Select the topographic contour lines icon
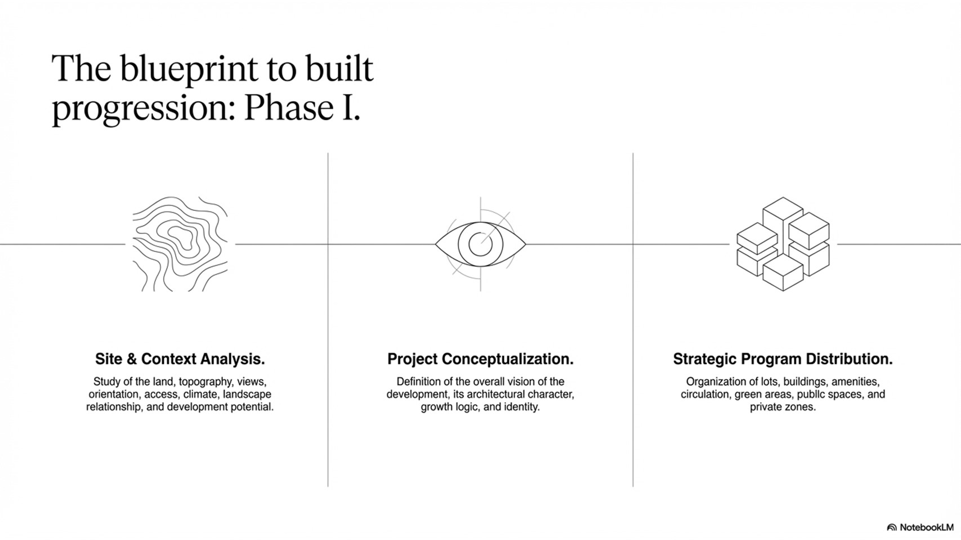[180, 244]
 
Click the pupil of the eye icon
[480, 244]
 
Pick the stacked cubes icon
[783, 244]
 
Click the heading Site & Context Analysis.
[180, 359]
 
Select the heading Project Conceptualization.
[481, 359]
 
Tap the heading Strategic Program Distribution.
[783, 359]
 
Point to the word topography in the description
[205, 382]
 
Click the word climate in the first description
[202, 394]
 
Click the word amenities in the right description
[856, 382]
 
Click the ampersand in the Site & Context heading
[132, 359]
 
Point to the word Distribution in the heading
[850, 359]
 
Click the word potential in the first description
[253, 407]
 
